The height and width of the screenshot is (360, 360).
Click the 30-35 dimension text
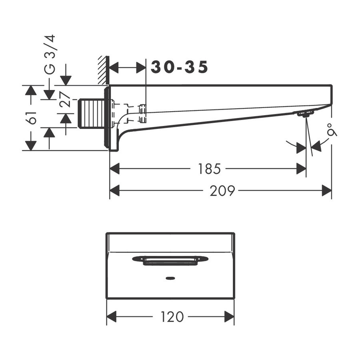point(180,67)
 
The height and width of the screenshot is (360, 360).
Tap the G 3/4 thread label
point(50,54)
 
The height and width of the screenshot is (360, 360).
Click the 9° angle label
point(332,130)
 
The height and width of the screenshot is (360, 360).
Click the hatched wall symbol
point(103,70)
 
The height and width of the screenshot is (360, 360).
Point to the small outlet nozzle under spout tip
point(304,115)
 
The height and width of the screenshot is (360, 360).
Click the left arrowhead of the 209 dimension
point(115,191)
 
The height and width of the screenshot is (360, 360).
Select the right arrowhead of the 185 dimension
point(301,169)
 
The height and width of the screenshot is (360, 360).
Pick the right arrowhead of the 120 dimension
point(229,317)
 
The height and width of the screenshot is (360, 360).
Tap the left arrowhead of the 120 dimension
point(112,317)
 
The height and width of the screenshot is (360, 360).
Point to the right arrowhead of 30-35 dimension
point(141,68)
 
